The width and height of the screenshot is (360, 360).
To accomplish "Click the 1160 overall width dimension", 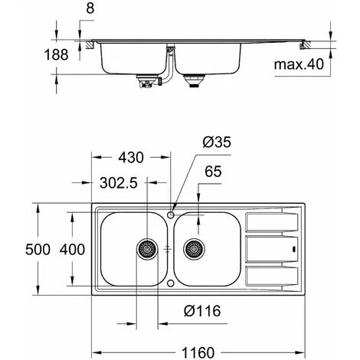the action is point(198,352).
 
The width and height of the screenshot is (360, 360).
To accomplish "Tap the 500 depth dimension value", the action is point(38,250).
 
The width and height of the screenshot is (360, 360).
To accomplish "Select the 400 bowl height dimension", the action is point(72,250).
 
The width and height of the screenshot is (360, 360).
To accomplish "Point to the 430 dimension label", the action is point(131,158).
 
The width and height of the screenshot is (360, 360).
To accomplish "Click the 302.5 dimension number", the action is point(119,183).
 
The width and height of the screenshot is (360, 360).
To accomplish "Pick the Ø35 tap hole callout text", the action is point(217,142).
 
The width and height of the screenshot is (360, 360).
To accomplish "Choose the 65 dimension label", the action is point(213,172).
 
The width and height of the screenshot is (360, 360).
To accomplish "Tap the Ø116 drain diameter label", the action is point(202,311).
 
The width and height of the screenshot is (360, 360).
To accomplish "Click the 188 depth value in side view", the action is point(56,55).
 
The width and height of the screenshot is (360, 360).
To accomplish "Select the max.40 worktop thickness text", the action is point(299,64).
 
